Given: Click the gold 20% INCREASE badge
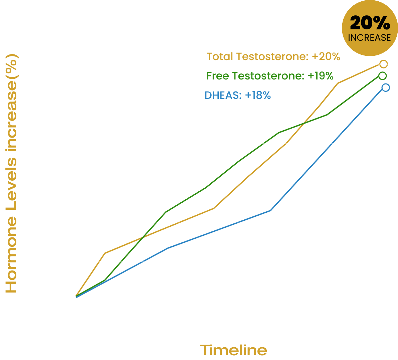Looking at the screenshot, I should [x=370, y=28].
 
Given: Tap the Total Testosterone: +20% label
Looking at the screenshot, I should [x=273, y=56].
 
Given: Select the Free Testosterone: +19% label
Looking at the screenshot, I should [x=270, y=76].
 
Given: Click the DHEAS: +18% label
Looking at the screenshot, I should [x=237, y=95].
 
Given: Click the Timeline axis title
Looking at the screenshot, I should [x=233, y=350].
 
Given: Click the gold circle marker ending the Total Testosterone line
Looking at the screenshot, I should [x=384, y=64].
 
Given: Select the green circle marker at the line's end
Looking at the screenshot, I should [x=382, y=76].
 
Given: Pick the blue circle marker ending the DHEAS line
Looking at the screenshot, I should [x=385, y=87].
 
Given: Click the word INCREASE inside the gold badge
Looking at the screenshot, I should [x=369, y=37].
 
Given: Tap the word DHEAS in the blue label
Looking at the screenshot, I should [x=223, y=95].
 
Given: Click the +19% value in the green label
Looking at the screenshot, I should [x=321, y=76].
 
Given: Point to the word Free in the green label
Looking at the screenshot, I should [x=218, y=76].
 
